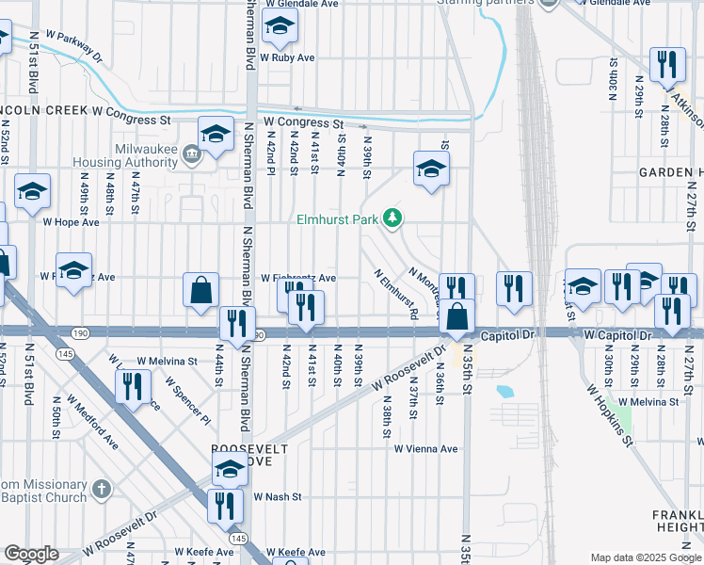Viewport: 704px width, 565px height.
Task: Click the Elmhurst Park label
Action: point(336,220)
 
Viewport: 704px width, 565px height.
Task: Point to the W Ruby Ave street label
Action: point(287,57)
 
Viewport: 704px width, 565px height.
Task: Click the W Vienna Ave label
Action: point(425,449)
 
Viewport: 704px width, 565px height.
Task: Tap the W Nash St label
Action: point(277,496)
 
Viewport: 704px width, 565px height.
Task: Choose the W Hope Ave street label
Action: point(71,222)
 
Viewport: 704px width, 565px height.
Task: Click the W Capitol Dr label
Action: point(617,335)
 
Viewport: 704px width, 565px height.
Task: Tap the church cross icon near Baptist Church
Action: point(101,490)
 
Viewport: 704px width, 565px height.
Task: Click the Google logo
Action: point(31,554)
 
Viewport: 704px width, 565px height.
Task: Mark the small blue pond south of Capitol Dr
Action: point(504,391)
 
